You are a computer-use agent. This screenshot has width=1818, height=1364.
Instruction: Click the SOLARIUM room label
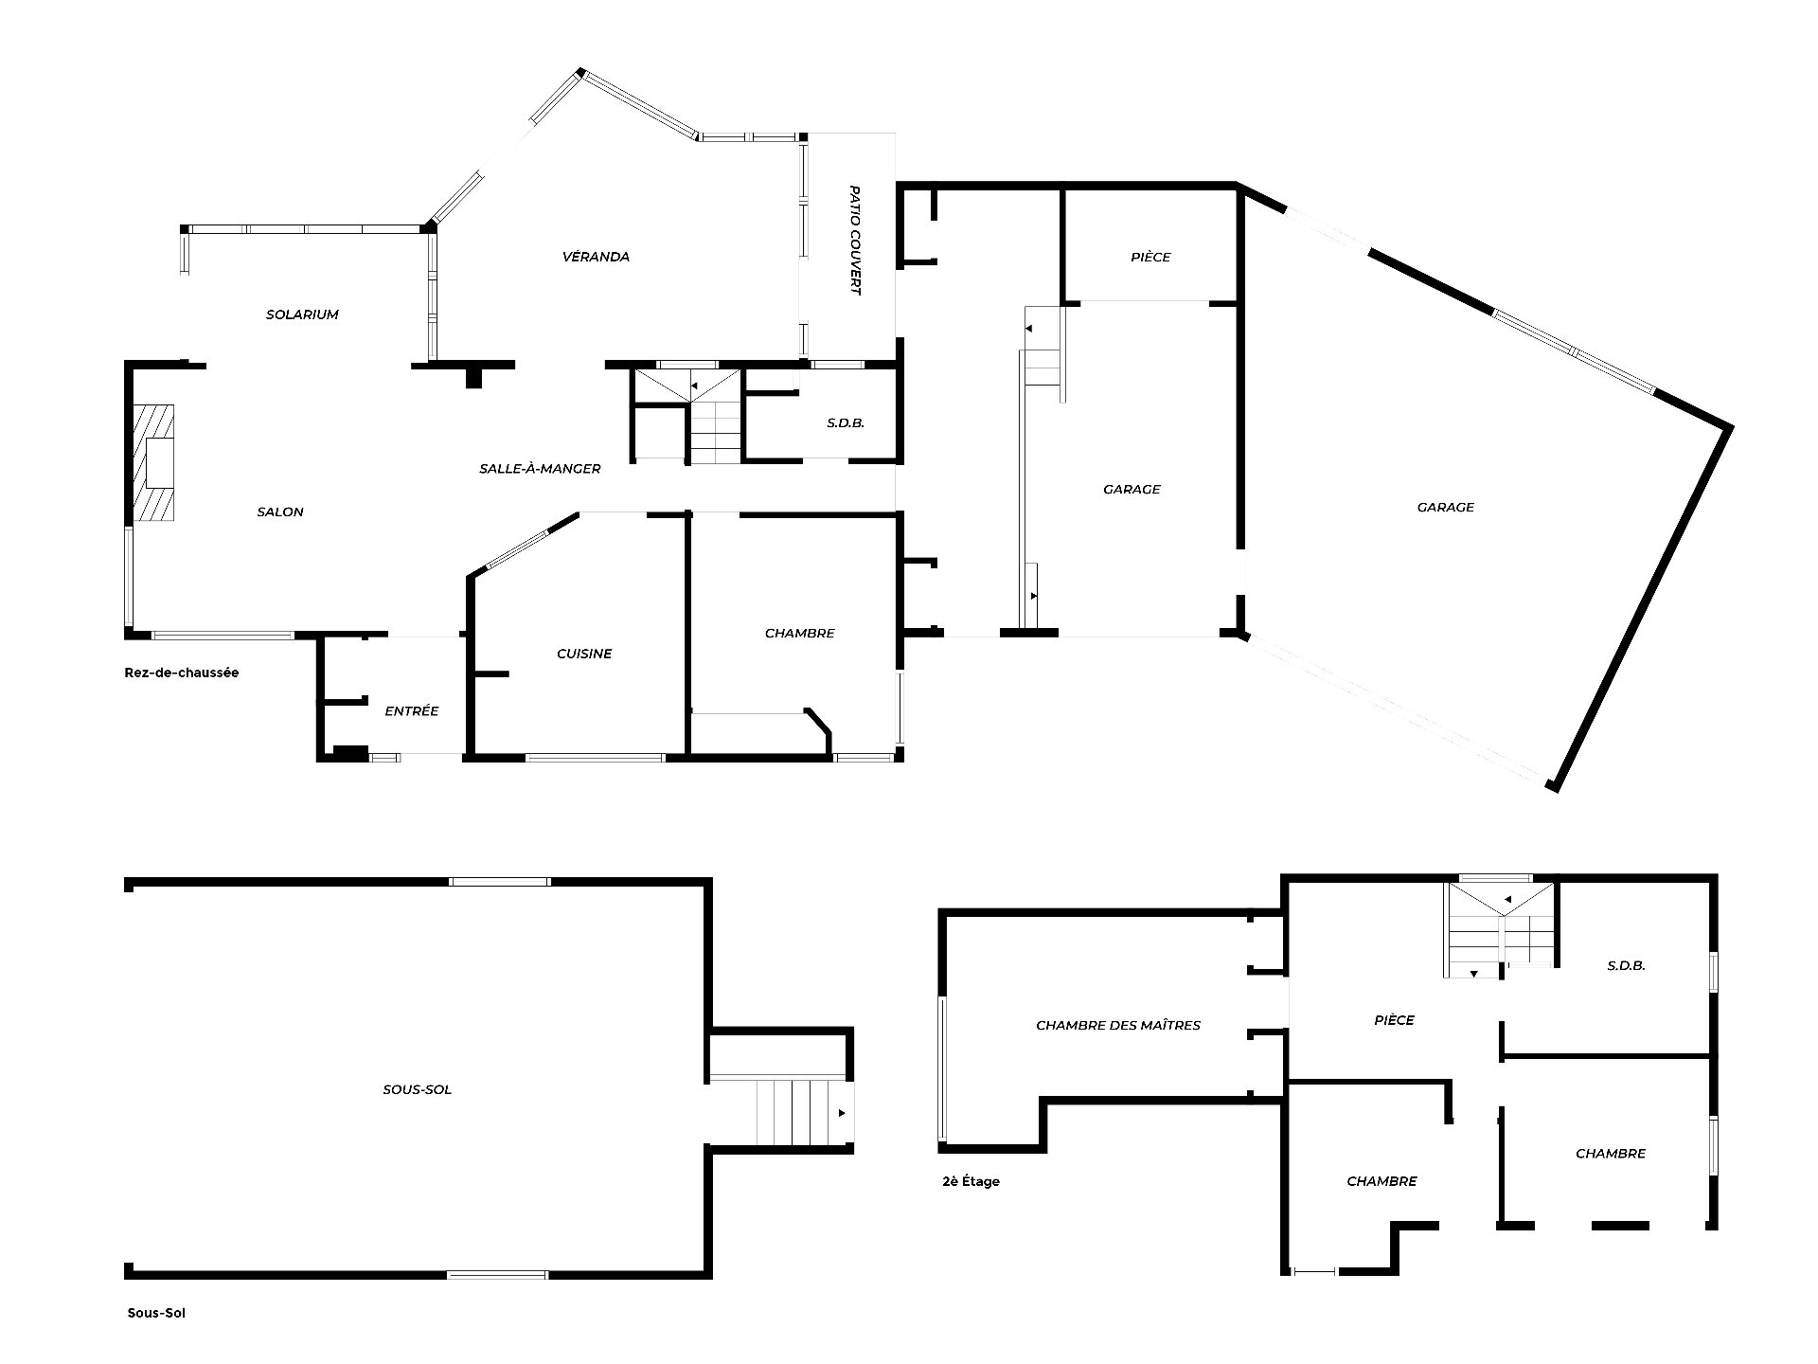(302, 314)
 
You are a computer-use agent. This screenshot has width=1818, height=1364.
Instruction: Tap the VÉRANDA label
(596, 257)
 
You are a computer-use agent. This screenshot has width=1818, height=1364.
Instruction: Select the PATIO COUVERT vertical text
(854, 241)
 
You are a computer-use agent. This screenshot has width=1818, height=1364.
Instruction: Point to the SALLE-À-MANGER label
(540, 469)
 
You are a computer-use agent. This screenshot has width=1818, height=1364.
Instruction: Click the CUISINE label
(584, 654)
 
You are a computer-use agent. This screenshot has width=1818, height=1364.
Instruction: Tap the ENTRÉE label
(412, 710)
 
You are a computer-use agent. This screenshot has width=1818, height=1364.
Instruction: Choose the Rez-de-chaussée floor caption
(182, 673)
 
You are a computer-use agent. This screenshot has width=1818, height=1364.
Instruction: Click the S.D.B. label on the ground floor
(846, 423)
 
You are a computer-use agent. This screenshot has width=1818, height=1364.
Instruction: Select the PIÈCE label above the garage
(1150, 257)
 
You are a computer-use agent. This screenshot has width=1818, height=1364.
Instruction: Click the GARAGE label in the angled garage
(1446, 507)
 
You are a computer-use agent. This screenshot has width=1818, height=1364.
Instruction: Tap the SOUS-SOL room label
(418, 1089)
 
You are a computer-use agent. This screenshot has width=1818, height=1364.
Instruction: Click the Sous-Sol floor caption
(156, 1314)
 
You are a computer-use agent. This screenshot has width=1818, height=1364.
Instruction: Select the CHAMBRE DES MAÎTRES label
(1118, 1025)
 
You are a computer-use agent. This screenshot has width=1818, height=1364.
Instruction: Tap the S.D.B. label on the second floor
(1627, 966)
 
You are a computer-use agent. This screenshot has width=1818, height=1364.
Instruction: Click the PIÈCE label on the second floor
(1394, 1020)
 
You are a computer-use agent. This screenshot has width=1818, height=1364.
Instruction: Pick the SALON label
(280, 511)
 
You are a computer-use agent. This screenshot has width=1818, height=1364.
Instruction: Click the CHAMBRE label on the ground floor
(800, 633)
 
